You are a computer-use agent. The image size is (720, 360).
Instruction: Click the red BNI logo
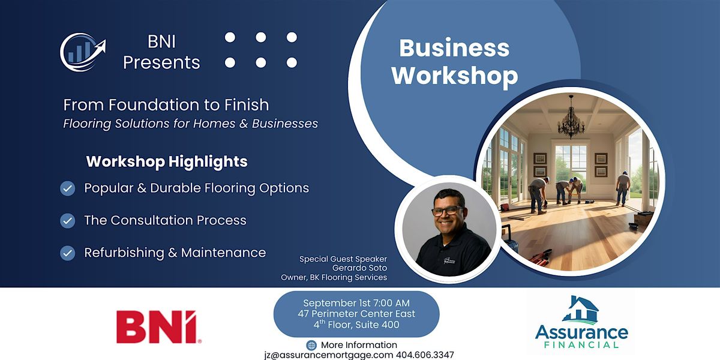pyautogui.click(x=159, y=327)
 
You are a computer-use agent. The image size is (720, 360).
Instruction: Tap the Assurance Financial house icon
pyautogui.click(x=581, y=310)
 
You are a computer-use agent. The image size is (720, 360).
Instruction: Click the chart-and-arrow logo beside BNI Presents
pyautogui.click(x=83, y=52)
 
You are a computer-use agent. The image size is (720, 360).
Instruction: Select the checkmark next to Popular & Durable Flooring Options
pyautogui.click(x=67, y=188)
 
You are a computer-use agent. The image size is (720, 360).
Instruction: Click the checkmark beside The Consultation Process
pyautogui.click(x=67, y=221)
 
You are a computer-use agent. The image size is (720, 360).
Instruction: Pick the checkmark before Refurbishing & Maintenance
pyautogui.click(x=67, y=253)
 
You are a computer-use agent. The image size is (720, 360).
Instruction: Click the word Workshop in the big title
pyautogui.click(x=455, y=77)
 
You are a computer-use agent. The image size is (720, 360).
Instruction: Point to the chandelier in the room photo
pyautogui.click(x=571, y=118)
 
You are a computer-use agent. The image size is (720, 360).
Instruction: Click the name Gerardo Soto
pyautogui.click(x=359, y=268)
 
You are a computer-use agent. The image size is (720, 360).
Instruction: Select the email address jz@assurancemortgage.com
pyautogui.click(x=329, y=355)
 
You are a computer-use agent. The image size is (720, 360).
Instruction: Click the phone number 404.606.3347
pyautogui.click(x=425, y=355)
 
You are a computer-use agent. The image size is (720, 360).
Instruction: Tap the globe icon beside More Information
pyautogui.click(x=311, y=345)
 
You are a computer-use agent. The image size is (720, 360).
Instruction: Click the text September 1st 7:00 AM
pyautogui.click(x=356, y=303)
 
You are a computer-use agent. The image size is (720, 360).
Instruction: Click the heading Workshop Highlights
pyautogui.click(x=167, y=161)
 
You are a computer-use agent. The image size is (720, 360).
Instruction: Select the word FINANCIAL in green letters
pyautogui.click(x=581, y=345)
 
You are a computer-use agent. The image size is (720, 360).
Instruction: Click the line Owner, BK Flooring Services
pyautogui.click(x=334, y=277)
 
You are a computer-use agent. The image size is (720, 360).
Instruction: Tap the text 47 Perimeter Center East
pyautogui.click(x=356, y=314)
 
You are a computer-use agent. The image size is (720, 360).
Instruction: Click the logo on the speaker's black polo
pyautogui.click(x=449, y=260)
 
